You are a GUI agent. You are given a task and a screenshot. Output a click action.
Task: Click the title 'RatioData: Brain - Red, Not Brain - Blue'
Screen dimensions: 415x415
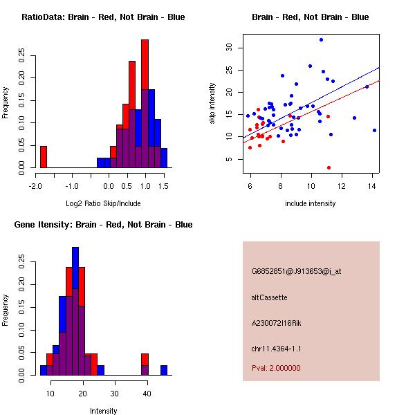[103, 17]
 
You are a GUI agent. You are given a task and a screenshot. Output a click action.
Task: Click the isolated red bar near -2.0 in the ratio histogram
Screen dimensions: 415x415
[44, 157]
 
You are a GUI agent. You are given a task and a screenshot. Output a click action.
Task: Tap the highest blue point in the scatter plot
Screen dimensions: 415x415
[321, 39]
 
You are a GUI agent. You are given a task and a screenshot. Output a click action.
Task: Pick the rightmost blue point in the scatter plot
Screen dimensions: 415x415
[374, 130]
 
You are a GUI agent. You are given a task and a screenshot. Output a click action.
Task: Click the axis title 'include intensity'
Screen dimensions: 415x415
[311, 203]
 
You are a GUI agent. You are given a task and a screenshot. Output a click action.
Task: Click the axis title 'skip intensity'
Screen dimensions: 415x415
[213, 104]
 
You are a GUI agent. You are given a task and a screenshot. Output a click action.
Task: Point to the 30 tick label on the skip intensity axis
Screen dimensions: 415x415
[229, 47]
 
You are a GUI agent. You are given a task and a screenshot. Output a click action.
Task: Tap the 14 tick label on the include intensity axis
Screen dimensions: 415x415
[372, 185]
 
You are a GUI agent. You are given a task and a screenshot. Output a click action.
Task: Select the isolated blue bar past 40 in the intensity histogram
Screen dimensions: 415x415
[164, 370]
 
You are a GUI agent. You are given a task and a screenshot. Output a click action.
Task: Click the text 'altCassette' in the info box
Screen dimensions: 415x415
[270, 297]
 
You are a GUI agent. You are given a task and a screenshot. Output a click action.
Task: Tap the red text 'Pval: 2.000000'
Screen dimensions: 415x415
[281, 368]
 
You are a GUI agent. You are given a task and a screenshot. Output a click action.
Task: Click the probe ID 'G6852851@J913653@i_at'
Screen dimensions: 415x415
[297, 271]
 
